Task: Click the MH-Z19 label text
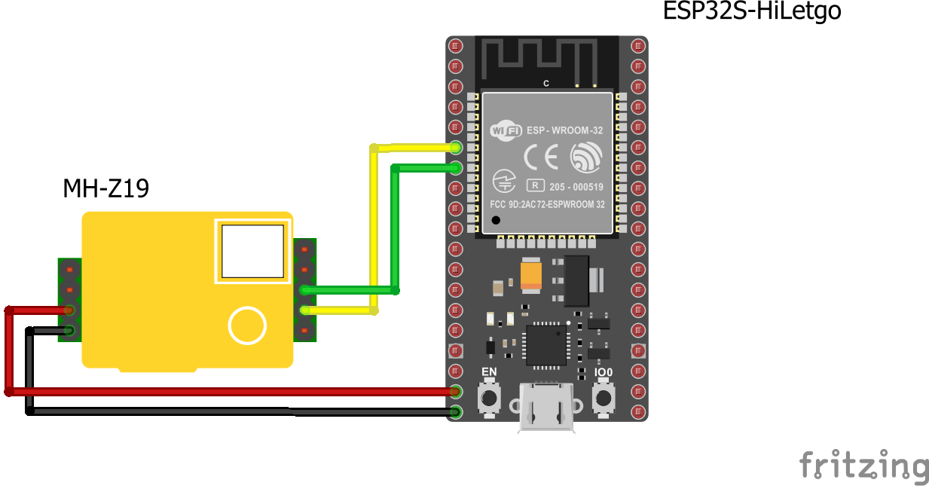(105, 188)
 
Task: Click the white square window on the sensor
(252, 251)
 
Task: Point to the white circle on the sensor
(247, 326)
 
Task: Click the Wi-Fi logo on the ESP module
(506, 131)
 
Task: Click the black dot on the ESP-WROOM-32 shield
(496, 220)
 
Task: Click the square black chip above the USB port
(546, 345)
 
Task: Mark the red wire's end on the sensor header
(69, 310)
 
